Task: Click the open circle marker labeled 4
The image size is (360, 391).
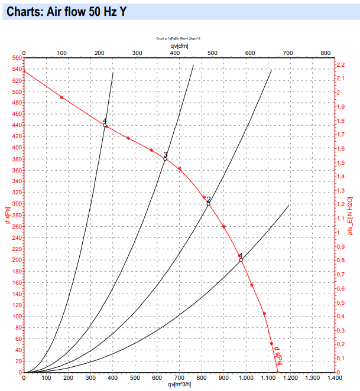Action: (105, 125)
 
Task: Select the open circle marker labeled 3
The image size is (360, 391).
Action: (166, 159)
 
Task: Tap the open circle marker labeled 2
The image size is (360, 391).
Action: (209, 204)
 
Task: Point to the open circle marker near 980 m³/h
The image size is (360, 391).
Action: (241, 260)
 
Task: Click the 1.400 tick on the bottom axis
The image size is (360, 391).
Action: (335, 378)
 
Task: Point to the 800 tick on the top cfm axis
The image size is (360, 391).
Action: (325, 53)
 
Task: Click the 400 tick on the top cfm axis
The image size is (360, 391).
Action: (174, 53)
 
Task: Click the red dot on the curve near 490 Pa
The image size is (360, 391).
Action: (61, 97)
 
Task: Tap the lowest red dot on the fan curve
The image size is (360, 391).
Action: (271, 344)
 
